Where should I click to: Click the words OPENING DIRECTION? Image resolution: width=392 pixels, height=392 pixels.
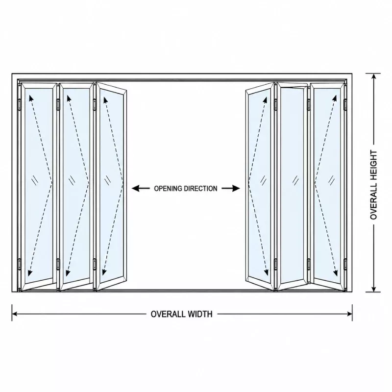coord(186,189)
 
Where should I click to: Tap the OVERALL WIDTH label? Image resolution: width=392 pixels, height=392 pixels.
coord(181,314)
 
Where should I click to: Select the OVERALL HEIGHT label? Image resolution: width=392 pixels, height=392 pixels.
coord(373,185)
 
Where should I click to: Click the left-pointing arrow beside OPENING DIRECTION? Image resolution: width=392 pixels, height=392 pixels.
coord(141,188)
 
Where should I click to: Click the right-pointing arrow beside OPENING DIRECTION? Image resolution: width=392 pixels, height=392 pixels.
coord(231,188)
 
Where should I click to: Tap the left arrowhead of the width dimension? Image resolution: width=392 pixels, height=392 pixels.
coord(15,314)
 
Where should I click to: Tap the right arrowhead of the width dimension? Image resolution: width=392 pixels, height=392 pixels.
coord(349,314)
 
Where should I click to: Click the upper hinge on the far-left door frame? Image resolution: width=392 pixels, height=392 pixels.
coord(19,104)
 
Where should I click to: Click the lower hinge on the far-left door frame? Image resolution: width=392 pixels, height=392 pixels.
coord(19,264)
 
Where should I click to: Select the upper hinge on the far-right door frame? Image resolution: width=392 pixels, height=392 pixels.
coord(345,104)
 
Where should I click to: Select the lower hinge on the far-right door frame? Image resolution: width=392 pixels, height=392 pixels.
coord(345,264)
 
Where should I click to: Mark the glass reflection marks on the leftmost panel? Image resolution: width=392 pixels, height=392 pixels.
coord(35,180)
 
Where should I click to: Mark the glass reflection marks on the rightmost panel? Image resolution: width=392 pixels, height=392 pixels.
coord(332,180)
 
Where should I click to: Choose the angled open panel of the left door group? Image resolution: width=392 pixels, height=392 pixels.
coord(112,186)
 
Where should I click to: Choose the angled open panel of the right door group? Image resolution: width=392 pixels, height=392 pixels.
coord(260,186)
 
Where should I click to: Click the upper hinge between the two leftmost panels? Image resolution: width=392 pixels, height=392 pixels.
coord(58,104)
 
